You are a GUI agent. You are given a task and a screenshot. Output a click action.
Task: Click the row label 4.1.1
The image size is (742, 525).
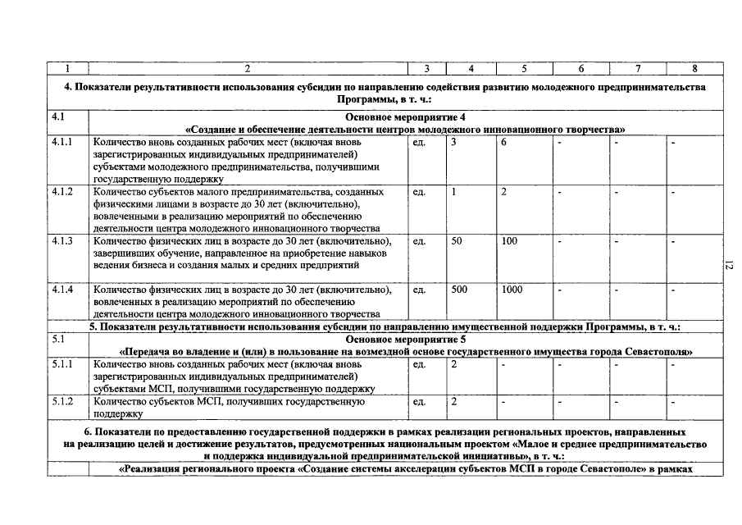[x=62, y=142]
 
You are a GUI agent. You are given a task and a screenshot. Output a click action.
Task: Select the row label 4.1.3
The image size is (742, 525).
[x=62, y=241]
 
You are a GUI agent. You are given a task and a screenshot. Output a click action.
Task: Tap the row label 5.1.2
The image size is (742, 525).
[x=62, y=402]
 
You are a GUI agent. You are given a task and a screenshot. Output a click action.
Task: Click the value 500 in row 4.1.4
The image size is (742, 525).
[x=460, y=290]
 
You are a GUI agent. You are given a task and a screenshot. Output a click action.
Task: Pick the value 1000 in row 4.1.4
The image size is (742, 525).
[x=512, y=290]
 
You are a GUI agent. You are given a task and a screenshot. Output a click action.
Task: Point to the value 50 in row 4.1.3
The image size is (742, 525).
[x=457, y=241]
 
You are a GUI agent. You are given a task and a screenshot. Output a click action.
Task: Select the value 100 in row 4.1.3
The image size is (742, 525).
[x=510, y=241]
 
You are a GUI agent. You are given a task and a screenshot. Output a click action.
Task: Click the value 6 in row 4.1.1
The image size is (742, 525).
[x=504, y=142]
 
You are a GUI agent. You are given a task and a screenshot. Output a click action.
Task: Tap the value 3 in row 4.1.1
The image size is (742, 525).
[x=454, y=142]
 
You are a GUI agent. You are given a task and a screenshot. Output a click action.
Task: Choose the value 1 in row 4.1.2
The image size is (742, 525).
[x=454, y=191]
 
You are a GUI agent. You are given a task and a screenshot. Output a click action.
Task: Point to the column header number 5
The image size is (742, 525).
[x=524, y=68]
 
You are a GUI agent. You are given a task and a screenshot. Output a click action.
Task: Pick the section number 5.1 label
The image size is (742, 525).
[x=58, y=338]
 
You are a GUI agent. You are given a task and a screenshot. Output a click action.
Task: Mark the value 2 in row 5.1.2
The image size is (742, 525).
[x=454, y=402]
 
